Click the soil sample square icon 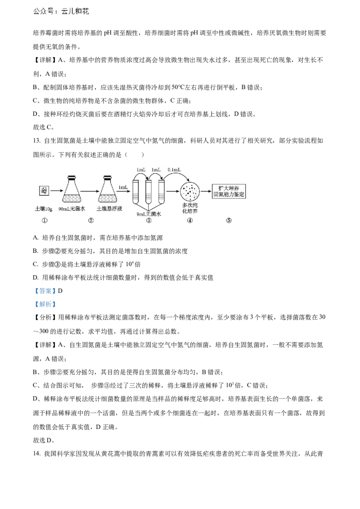coord(44,191)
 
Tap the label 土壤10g coord(44,209)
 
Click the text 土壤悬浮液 coord(109,209)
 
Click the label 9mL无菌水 coord(148,214)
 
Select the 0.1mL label coord(174,170)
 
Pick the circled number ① coord(44,220)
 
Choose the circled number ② coord(91,220)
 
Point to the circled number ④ coord(189,220)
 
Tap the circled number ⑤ coord(229,220)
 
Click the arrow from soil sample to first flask coord(56,191)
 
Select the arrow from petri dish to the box coord(206,191)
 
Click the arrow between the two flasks coord(90,191)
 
